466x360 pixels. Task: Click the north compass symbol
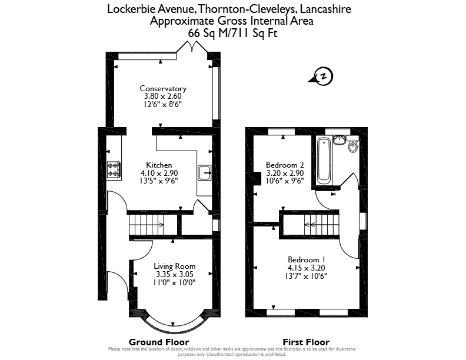tap(322, 76)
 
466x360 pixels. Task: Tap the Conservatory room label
tap(163, 88)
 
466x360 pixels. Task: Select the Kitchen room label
tap(159, 165)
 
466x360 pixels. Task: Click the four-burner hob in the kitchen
tap(114, 169)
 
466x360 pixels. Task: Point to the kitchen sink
tap(204, 172)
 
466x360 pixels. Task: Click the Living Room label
tap(174, 266)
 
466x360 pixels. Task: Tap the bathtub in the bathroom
tap(323, 161)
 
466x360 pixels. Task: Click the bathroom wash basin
tap(339, 139)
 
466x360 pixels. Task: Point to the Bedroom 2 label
tap(285, 165)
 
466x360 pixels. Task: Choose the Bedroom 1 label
tap(307, 259)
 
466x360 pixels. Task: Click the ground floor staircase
tap(147, 225)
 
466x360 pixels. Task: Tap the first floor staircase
tap(322, 225)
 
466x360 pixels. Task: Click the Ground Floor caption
tap(159, 342)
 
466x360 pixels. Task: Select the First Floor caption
tap(306, 342)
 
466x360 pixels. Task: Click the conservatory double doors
tap(192, 48)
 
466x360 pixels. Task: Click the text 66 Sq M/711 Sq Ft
tap(232, 33)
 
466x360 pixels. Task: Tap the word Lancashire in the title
tap(325, 9)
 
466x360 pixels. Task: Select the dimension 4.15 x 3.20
tap(306, 268)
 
